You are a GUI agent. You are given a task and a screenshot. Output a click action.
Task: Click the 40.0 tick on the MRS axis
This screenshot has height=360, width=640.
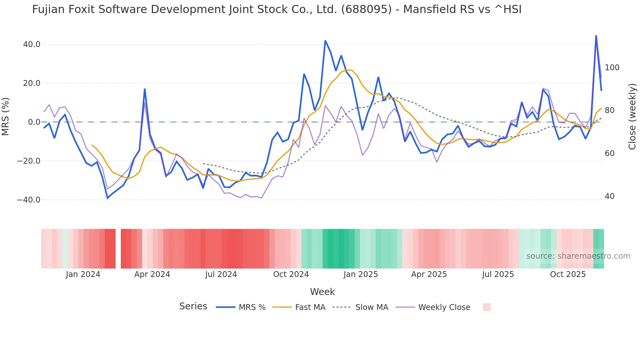click(x=32, y=44)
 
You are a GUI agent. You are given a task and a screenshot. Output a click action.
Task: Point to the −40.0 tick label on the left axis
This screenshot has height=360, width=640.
click(x=29, y=200)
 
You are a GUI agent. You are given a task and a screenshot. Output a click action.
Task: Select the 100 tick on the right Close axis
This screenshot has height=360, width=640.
click(x=612, y=68)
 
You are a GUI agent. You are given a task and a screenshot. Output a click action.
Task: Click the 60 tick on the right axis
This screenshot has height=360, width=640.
click(x=609, y=154)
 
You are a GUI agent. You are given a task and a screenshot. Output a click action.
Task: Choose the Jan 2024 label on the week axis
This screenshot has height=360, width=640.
click(x=83, y=274)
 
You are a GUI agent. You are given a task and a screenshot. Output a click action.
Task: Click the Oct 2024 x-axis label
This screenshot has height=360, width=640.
click(x=291, y=274)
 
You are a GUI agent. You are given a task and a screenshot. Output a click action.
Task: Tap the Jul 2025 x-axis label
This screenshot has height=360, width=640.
click(x=498, y=274)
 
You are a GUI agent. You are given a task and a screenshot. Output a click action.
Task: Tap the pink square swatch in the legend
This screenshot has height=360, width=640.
click(x=487, y=307)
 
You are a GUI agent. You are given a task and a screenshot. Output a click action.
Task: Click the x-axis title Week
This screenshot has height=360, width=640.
click(x=322, y=292)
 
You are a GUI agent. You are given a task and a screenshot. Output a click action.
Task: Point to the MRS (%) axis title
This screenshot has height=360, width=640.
click(x=5, y=117)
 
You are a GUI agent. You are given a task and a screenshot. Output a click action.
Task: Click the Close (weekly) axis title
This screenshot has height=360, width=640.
click(x=632, y=117)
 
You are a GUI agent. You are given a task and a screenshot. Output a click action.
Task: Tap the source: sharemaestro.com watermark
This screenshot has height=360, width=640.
click(x=578, y=256)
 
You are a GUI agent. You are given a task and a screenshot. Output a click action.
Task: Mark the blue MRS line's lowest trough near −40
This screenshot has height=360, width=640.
click(x=107, y=198)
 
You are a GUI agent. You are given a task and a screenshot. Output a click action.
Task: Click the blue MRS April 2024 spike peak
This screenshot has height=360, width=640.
click(x=145, y=89)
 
